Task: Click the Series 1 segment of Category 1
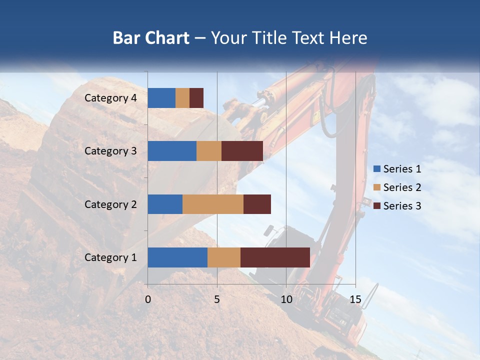(x=177, y=257)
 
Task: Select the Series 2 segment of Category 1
(x=224, y=257)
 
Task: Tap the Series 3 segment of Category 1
(x=275, y=257)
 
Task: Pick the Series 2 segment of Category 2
(x=213, y=204)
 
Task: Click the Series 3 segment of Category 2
(x=257, y=204)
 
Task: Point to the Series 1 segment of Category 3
(x=172, y=151)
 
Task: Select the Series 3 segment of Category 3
(x=242, y=151)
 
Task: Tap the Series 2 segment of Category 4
(x=182, y=98)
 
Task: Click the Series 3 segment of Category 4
(x=196, y=98)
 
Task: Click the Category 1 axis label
(x=110, y=257)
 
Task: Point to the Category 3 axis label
(x=110, y=151)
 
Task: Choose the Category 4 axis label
(x=110, y=98)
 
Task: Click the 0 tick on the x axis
(x=148, y=299)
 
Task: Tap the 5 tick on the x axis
(x=217, y=299)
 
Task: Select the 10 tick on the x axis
(x=286, y=299)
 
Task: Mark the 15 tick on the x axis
(x=355, y=299)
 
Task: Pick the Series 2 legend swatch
(x=376, y=187)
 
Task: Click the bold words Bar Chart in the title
(x=151, y=38)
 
